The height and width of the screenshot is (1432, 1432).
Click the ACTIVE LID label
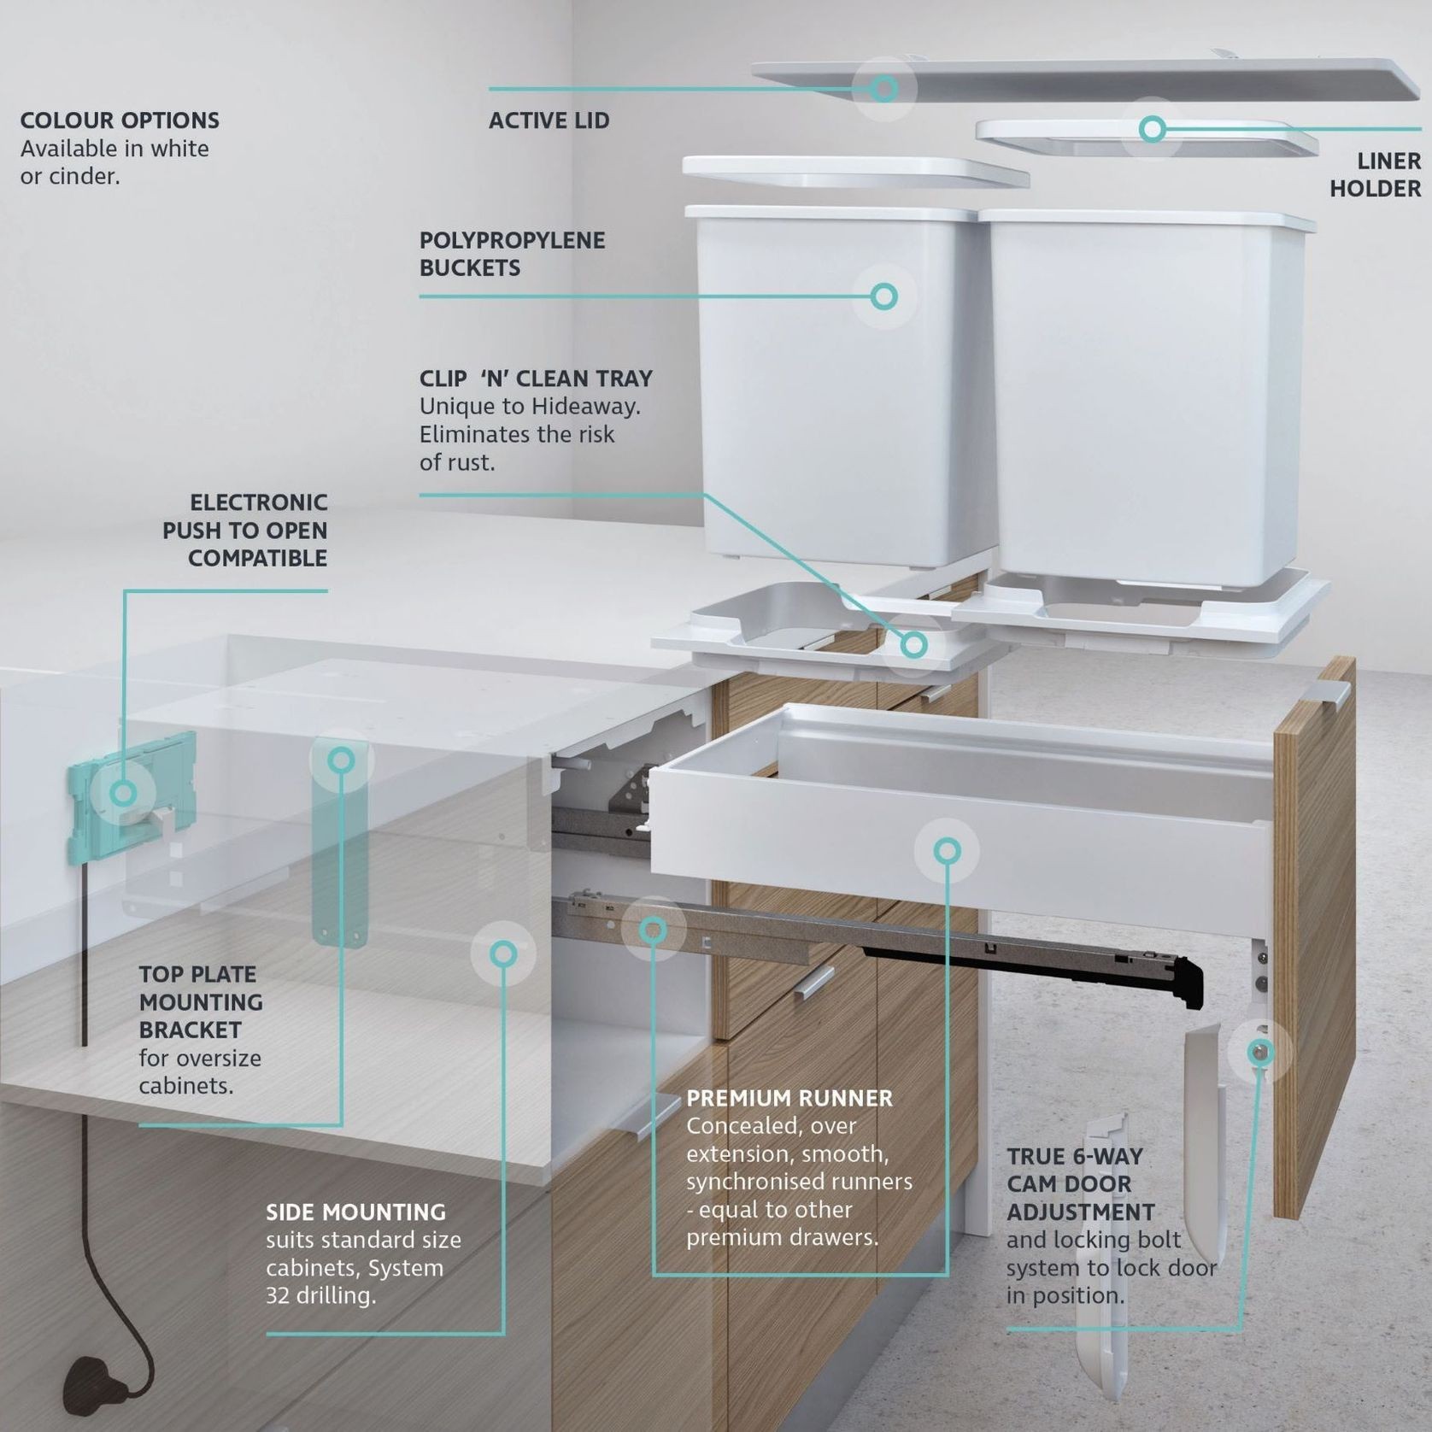pos(549,120)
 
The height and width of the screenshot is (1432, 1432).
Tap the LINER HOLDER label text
pos(1375,174)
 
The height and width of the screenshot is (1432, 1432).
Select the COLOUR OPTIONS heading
pos(120,120)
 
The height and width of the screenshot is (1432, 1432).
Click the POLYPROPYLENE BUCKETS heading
pos(512,254)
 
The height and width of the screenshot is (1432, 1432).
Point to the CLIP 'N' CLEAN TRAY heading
pos(536,379)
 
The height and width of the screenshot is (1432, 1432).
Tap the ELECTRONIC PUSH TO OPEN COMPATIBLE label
pos(245,530)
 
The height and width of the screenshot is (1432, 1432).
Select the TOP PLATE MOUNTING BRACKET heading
pos(202,1001)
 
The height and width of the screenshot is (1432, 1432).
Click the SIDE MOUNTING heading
pos(355,1212)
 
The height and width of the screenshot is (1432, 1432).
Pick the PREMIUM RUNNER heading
pos(789,1098)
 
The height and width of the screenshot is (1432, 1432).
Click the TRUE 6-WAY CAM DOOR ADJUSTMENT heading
pos(1080,1184)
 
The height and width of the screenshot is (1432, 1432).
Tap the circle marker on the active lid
pos(884,87)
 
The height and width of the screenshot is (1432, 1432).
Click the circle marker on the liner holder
pos(1152,129)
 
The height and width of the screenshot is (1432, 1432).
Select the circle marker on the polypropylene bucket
pos(884,296)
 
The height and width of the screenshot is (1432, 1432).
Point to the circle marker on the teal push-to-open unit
pos(124,793)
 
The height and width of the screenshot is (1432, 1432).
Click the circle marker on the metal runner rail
pos(654,930)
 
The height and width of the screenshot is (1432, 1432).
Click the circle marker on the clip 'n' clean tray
pos(913,644)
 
